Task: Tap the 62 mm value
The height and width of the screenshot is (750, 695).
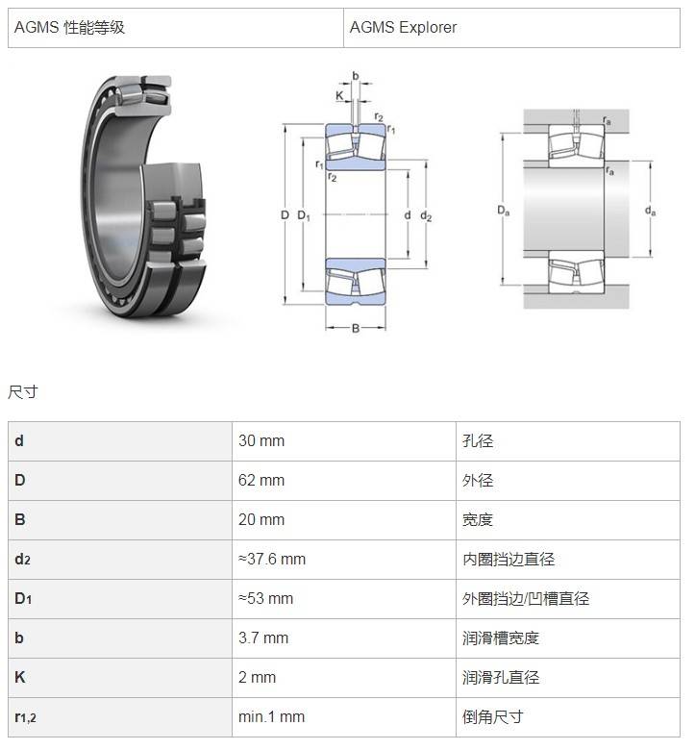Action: (261, 480)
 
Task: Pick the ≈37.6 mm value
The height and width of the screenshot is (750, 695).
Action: (272, 559)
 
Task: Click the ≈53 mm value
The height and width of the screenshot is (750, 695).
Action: (265, 598)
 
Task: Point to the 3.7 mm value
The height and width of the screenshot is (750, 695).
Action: (263, 637)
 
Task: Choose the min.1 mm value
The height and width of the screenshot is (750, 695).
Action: (271, 716)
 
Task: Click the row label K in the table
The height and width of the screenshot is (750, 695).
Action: (19, 677)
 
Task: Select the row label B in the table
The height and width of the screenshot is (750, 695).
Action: (19, 519)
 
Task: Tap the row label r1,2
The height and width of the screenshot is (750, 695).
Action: (25, 717)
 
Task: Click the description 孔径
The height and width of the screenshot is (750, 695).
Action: (478, 440)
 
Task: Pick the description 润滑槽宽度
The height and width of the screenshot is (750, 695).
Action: (500, 637)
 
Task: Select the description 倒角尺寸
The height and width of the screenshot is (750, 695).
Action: (493, 716)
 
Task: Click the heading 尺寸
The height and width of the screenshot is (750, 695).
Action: (22, 392)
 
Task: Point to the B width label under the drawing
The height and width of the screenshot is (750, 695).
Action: (356, 328)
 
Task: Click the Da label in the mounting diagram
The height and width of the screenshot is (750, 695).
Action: (503, 211)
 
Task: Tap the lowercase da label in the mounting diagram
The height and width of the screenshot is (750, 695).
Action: (650, 211)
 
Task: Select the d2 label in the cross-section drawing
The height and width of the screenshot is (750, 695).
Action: (426, 216)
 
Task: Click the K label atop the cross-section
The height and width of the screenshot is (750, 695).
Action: (339, 95)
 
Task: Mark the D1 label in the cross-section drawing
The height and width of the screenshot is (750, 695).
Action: (304, 215)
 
